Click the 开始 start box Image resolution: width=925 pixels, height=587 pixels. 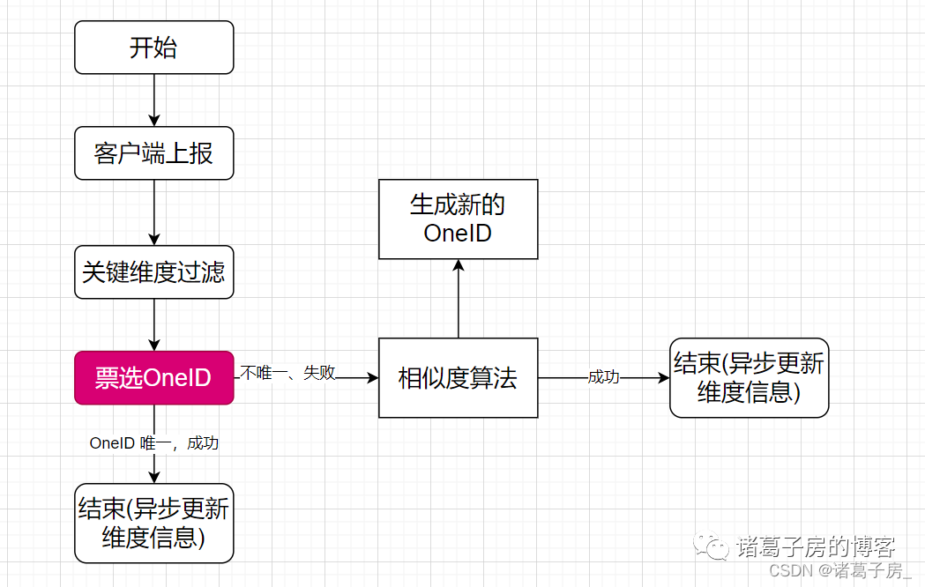click(154, 48)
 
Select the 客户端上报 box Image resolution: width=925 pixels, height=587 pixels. click(154, 153)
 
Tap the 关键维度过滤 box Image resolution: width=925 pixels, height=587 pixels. click(154, 271)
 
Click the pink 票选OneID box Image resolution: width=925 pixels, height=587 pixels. click(154, 378)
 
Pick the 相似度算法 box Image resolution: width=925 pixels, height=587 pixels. click(458, 378)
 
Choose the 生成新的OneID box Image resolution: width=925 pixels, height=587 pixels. click(458, 219)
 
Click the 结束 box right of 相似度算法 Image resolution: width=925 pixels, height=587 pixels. click(749, 378)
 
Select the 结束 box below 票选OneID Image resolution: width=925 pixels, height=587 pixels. click(154, 524)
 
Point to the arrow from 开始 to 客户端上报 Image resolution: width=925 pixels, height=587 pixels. click(154, 100)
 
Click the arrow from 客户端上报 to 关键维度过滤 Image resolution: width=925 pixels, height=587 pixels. click(154, 212)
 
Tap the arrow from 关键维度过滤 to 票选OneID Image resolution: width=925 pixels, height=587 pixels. click(154, 324)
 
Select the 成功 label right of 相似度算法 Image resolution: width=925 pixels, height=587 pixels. click(604, 377)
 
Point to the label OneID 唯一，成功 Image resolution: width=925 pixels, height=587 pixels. click(154, 443)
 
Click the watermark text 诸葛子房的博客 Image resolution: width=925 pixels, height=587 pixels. click(816, 546)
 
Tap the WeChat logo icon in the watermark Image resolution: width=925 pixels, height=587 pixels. click(712, 547)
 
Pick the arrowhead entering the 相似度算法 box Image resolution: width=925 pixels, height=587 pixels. click(373, 378)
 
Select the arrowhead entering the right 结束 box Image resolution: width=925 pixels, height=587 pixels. click(664, 378)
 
